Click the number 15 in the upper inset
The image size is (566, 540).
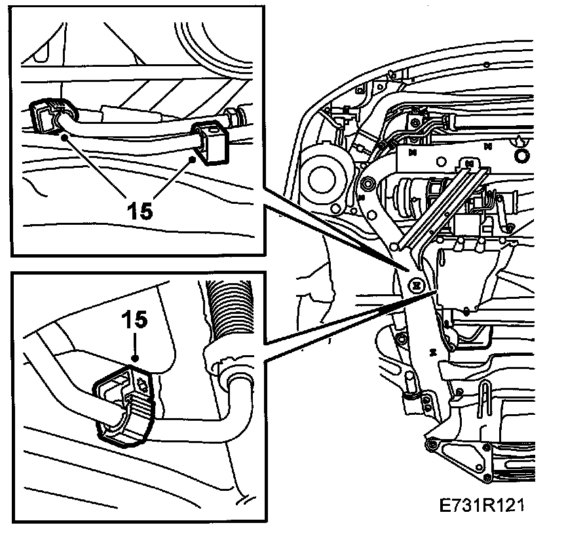click(139, 210)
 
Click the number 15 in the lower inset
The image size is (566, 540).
click(134, 320)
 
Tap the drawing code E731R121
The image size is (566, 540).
click(483, 507)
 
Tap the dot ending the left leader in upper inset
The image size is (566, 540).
click(64, 137)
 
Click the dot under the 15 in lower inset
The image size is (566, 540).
click(134, 359)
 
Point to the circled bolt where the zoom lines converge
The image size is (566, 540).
click(415, 285)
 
